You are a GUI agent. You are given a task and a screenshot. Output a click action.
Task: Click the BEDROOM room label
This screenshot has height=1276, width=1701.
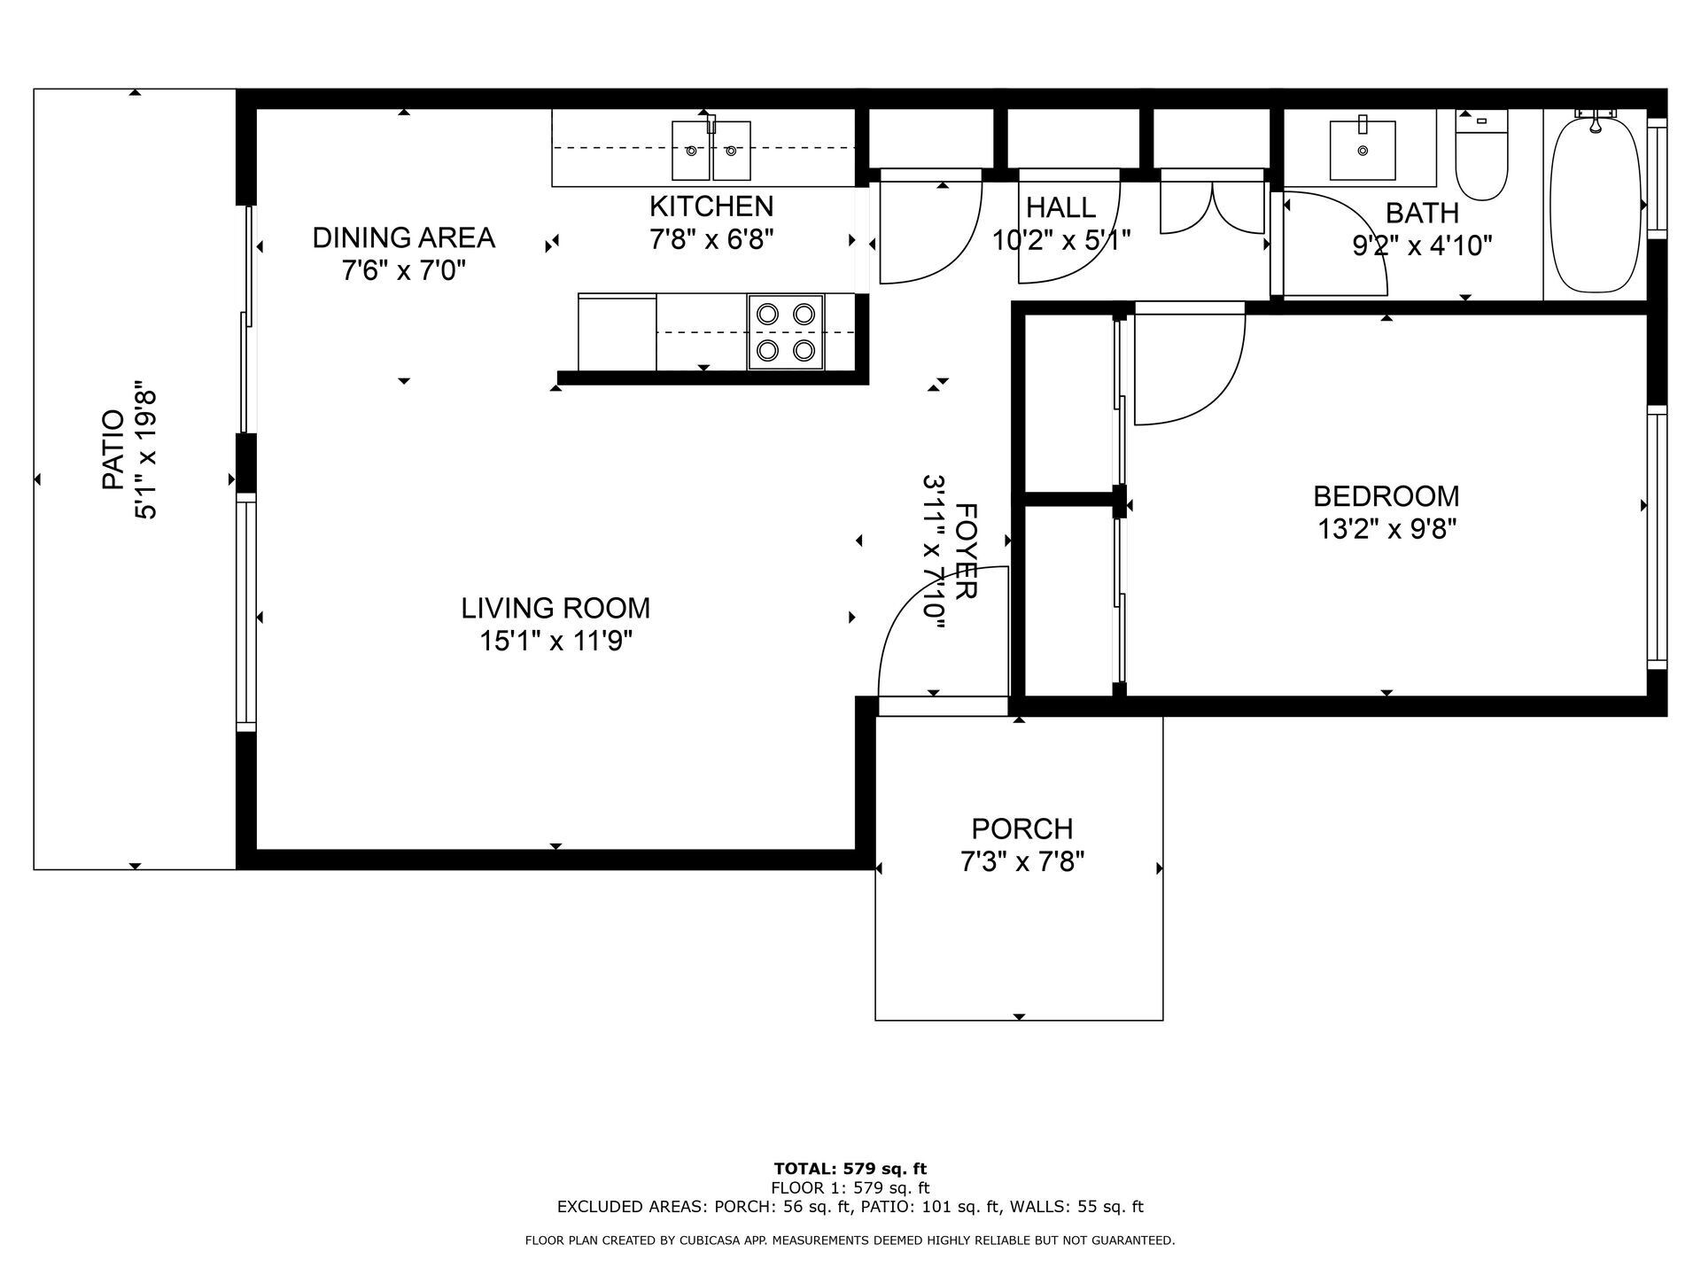[x=1386, y=496]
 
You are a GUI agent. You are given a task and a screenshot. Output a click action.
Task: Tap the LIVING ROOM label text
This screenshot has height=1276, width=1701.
[x=555, y=608]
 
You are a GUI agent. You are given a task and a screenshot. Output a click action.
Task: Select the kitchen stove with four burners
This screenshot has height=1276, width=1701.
[x=786, y=331]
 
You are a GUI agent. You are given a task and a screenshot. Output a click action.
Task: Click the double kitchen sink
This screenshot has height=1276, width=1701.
[x=711, y=151]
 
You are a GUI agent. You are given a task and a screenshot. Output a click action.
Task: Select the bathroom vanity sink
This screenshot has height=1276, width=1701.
[x=1363, y=151]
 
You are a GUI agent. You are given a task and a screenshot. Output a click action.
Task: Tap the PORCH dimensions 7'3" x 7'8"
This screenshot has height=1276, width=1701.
[x=1022, y=861]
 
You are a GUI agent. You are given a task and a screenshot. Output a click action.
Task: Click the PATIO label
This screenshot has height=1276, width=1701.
[x=113, y=450]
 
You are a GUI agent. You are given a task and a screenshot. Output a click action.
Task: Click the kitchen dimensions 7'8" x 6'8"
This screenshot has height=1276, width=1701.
[x=711, y=240]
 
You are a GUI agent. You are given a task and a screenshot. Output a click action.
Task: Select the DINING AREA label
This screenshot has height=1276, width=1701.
[x=403, y=237]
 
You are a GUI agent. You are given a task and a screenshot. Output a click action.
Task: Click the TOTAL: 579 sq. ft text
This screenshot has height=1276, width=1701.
[x=850, y=1169]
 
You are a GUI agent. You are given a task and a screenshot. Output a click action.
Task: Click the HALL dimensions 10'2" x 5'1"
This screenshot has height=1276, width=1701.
[x=1061, y=241]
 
